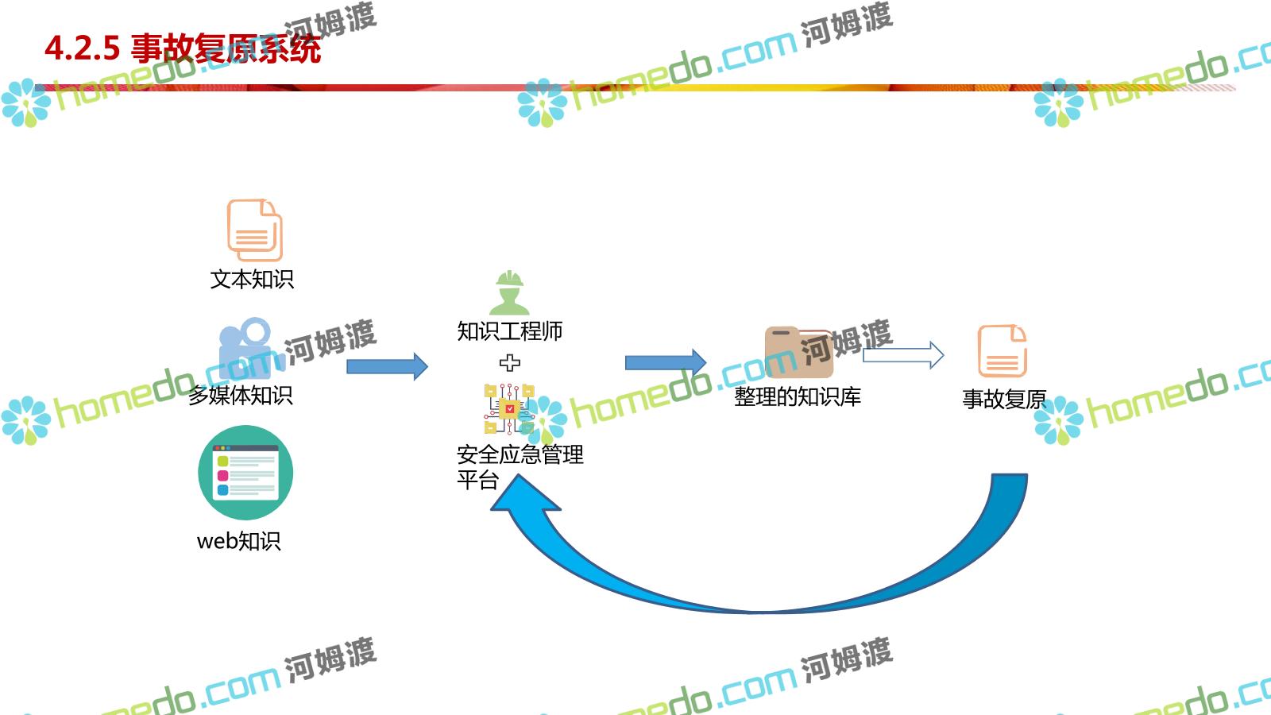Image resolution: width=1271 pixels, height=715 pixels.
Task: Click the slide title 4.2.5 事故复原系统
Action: tap(183, 48)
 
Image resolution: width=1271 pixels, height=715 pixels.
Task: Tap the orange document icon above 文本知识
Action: tap(254, 230)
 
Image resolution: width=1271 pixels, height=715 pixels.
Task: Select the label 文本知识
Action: tap(252, 280)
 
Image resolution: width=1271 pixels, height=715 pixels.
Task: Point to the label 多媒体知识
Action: tap(240, 395)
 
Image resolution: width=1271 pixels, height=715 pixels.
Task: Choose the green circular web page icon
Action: tap(245, 473)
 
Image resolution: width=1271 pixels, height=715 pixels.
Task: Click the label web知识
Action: tap(238, 541)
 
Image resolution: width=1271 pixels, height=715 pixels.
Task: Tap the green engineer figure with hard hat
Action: tap(509, 292)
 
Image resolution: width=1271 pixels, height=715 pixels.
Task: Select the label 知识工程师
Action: tap(509, 330)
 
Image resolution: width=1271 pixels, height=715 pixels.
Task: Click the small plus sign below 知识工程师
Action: tap(510, 363)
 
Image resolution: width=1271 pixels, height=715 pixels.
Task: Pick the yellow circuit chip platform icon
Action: tap(509, 408)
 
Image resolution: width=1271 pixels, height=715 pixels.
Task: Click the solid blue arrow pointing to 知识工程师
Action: tap(387, 366)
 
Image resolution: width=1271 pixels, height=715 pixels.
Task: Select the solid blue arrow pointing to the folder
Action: tap(665, 363)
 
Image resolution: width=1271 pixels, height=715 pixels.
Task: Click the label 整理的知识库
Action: tap(797, 396)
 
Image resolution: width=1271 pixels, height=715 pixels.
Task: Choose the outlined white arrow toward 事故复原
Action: tap(903, 355)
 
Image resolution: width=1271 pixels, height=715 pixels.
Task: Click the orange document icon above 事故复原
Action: tap(1002, 350)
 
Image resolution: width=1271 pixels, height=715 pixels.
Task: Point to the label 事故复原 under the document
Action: tap(1004, 399)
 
